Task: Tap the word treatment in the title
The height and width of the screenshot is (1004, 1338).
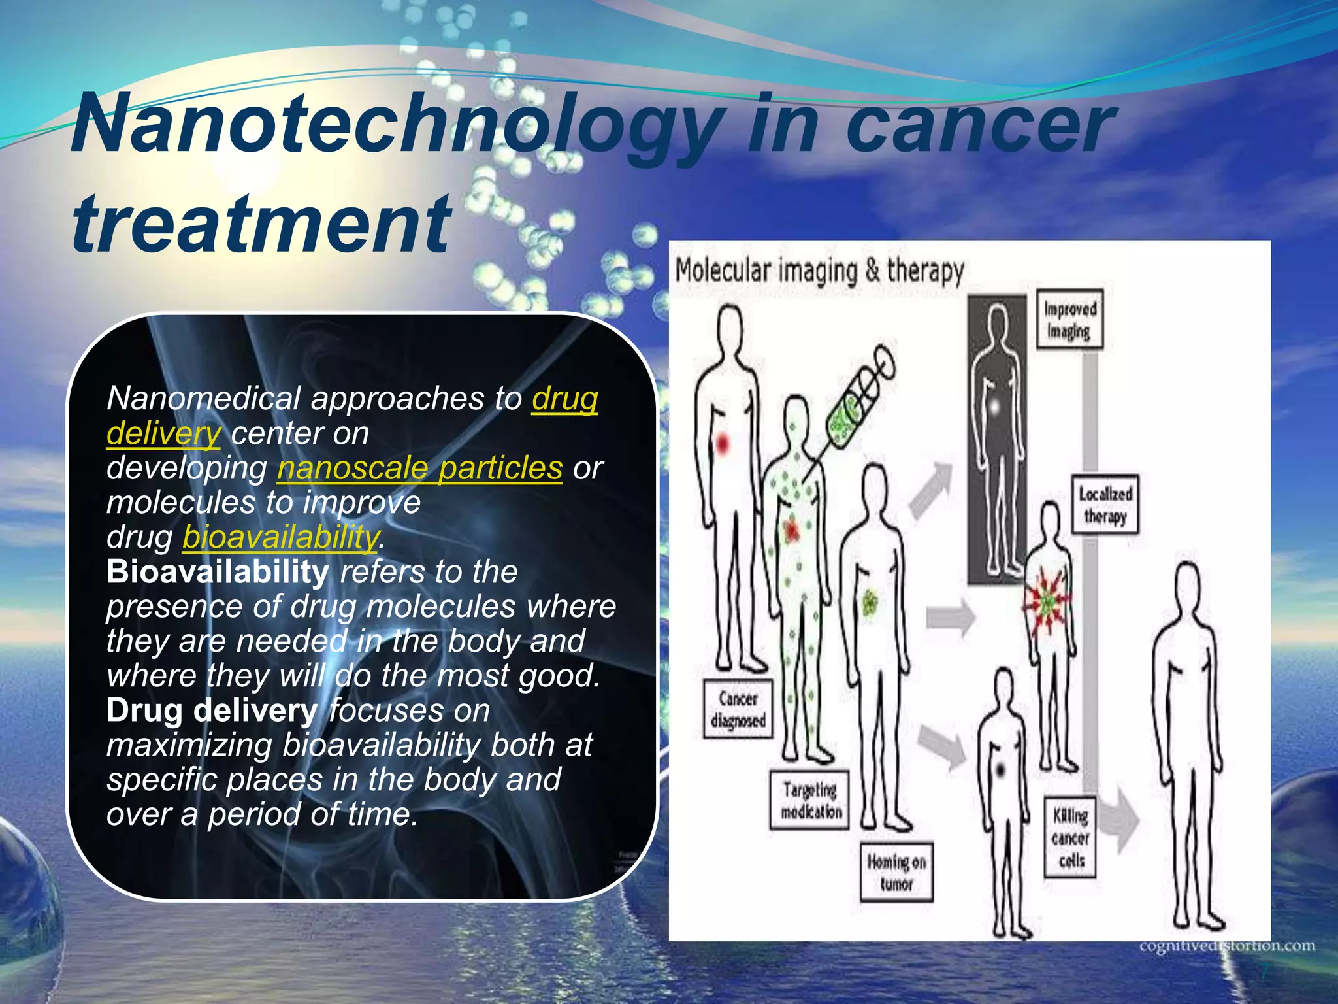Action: pos(261,224)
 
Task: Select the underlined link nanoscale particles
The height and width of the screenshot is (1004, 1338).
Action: pos(419,468)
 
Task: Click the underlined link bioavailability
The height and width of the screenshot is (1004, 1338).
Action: pos(280,537)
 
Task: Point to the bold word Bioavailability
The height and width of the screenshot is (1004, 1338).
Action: pos(218,572)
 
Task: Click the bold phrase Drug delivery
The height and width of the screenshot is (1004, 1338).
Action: pos(212,711)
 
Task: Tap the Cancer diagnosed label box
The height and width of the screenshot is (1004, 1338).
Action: pos(738,709)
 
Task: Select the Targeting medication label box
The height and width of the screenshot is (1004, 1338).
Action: pos(810,801)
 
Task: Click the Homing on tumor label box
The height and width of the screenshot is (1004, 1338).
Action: pos(896,873)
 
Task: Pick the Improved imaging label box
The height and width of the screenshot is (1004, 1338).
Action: pos(1069,320)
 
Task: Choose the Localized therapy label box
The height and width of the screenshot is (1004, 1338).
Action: pos(1105,505)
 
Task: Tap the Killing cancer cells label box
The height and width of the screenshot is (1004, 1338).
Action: pos(1070,838)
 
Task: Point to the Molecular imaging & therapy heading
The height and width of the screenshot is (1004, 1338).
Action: pos(819,271)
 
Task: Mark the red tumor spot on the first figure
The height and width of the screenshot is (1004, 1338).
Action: pos(723,444)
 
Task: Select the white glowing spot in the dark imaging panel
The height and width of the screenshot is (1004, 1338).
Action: pos(994,408)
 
